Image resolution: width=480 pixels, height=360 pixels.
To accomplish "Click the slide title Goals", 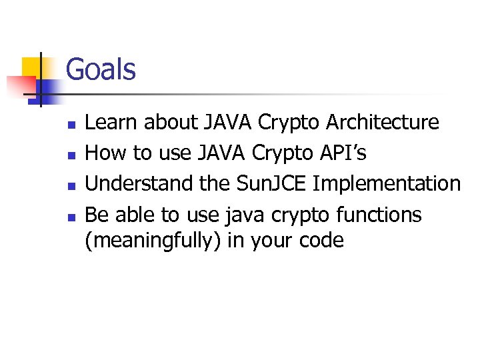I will [x=101, y=70].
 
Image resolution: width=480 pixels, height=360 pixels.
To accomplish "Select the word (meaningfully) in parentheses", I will [x=153, y=240].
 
